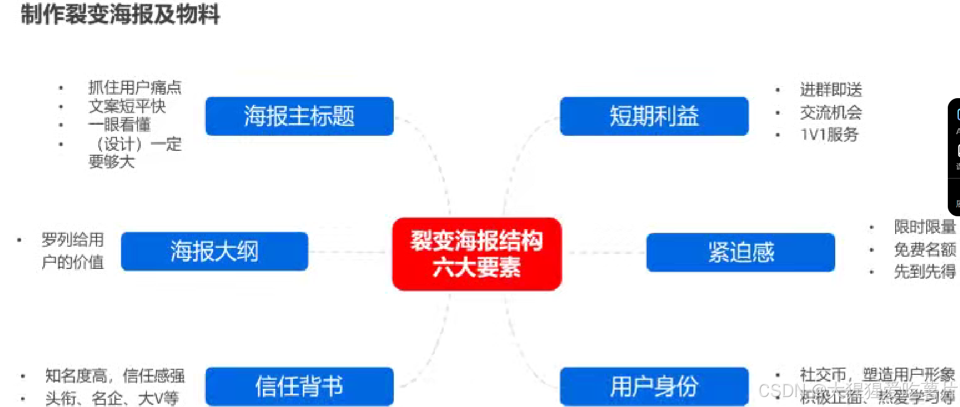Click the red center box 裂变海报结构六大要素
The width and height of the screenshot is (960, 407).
(476, 254)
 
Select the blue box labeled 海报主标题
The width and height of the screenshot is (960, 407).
(299, 116)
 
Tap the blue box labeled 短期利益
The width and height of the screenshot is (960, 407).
(654, 116)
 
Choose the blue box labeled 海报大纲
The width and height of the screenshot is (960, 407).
(215, 251)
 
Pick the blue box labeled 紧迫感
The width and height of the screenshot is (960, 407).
(740, 252)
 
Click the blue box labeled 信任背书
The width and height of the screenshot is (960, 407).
(299, 386)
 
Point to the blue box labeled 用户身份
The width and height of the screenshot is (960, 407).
(654, 386)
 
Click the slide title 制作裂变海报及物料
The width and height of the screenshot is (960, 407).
(120, 14)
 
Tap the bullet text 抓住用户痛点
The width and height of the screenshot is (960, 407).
(135, 87)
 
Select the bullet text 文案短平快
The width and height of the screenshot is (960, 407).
(127, 106)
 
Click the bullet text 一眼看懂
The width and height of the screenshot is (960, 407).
(119, 124)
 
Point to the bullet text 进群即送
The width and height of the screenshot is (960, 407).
(831, 89)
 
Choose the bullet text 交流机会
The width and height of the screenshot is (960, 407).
(831, 112)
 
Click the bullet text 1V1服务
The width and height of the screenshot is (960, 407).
(829, 134)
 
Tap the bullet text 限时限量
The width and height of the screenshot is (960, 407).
(925, 227)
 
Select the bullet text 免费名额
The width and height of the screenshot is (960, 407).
(925, 250)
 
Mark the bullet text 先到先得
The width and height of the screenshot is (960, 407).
(925, 272)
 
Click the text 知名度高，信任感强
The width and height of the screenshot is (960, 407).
(115, 376)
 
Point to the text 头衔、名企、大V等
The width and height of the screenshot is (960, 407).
(112, 398)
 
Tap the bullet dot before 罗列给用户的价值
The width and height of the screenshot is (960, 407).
(19, 240)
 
